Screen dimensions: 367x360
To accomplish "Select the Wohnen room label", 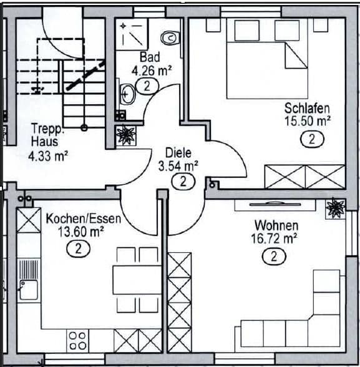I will (276, 225).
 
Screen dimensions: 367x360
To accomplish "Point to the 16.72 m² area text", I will (275, 238).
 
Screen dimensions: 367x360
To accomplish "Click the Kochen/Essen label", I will (83, 219).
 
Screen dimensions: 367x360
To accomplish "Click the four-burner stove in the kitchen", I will (77, 341).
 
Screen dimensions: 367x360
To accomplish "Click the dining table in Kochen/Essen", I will (137, 279).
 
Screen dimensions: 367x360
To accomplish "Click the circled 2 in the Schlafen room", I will (311, 139).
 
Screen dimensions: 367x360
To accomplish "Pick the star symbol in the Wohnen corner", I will (335, 208).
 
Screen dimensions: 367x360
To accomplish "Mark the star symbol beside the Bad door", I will (127, 135).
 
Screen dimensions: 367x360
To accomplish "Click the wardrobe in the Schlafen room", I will (304, 176).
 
